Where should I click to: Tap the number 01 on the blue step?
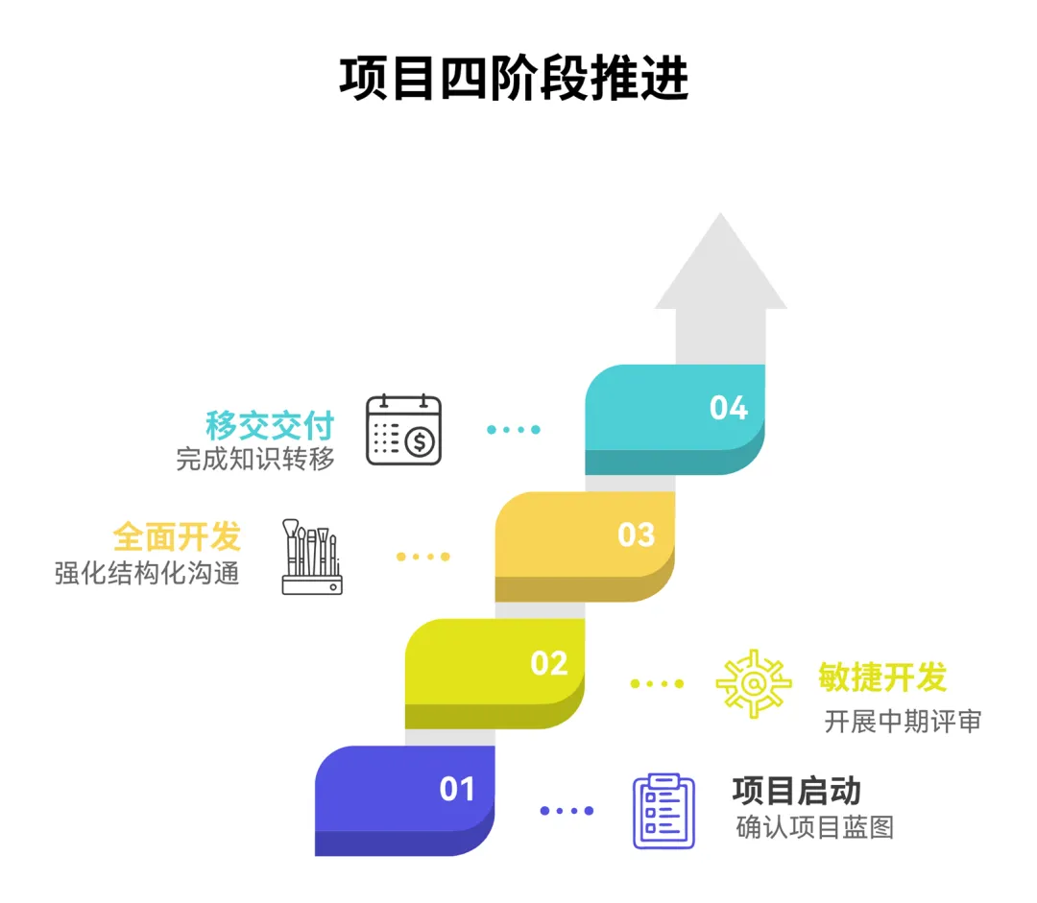[x=458, y=789]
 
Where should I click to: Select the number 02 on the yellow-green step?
[x=549, y=663]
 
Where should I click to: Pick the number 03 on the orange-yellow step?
[x=636, y=535]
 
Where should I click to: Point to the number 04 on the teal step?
[x=729, y=408]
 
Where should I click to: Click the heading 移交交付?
[x=270, y=425]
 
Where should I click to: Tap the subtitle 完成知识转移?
[x=255, y=460]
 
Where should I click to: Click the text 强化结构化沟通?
[x=147, y=573]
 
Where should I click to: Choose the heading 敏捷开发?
[x=882, y=677]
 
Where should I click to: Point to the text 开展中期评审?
[x=903, y=722]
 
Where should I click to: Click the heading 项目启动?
[x=796, y=791]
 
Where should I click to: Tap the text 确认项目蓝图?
[x=814, y=826]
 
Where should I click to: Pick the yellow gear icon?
[x=754, y=683]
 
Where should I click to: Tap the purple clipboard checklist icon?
[x=663, y=811]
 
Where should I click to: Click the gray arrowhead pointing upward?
[x=720, y=264]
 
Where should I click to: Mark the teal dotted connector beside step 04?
[x=513, y=429]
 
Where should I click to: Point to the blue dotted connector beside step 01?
[x=567, y=811]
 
